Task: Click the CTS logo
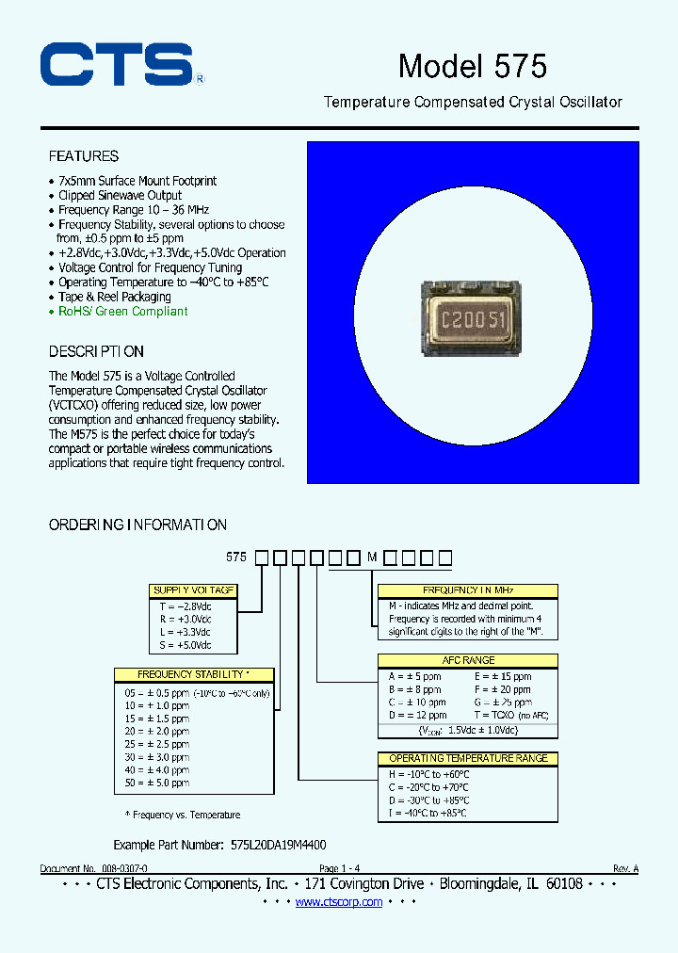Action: click(x=117, y=66)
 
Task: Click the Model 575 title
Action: click(x=472, y=66)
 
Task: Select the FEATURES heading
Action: click(x=84, y=156)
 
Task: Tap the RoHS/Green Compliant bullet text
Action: click(x=122, y=312)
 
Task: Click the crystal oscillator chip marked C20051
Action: click(x=474, y=318)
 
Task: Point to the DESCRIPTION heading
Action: click(x=96, y=351)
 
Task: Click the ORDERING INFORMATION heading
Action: click(x=137, y=525)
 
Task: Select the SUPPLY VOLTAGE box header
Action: click(x=193, y=590)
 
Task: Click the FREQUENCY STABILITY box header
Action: click(x=194, y=674)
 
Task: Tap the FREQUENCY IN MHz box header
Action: click(x=467, y=590)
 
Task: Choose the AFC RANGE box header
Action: click(x=467, y=661)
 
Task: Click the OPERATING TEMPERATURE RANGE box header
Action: click(x=467, y=758)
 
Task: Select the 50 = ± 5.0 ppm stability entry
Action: click(x=157, y=783)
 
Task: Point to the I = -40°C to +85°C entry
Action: click(x=428, y=813)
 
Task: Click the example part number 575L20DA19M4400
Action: click(x=279, y=846)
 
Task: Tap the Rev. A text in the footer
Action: click(x=624, y=868)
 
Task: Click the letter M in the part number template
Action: click(x=372, y=557)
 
